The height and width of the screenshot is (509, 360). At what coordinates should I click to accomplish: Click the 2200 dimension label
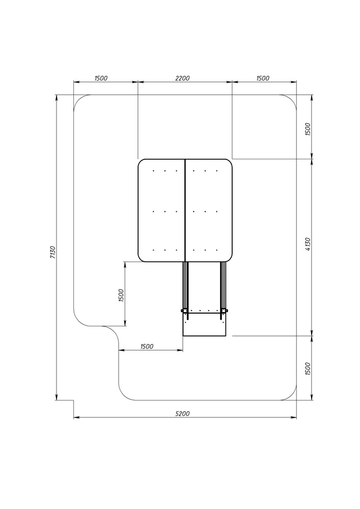click(x=182, y=78)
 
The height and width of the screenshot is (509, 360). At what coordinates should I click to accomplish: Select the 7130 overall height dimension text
click(x=53, y=252)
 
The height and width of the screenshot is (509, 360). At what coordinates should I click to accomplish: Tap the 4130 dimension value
click(x=308, y=244)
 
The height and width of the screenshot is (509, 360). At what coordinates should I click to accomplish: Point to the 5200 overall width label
click(x=182, y=413)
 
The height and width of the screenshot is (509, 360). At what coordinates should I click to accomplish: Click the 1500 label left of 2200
click(x=101, y=78)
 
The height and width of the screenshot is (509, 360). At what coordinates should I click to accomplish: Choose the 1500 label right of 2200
click(x=263, y=78)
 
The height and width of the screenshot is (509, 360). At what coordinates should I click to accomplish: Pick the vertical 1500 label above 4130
click(x=308, y=129)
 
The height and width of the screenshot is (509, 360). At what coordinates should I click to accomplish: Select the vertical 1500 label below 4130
click(x=308, y=369)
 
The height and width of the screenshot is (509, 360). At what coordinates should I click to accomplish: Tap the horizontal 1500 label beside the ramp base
click(x=147, y=346)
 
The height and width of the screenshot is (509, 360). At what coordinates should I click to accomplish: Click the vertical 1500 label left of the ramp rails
click(x=121, y=295)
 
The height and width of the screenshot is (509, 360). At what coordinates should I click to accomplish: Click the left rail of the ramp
click(x=185, y=286)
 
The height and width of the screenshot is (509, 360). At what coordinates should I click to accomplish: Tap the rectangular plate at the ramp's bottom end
click(x=204, y=324)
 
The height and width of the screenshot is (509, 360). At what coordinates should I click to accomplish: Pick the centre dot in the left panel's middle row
click(x=165, y=212)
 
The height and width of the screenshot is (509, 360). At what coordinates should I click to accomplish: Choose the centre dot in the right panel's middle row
click(x=205, y=212)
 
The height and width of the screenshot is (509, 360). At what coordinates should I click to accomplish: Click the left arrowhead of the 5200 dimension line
click(x=76, y=418)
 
